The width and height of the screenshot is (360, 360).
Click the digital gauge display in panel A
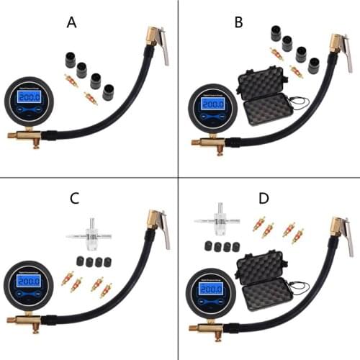(29, 97)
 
